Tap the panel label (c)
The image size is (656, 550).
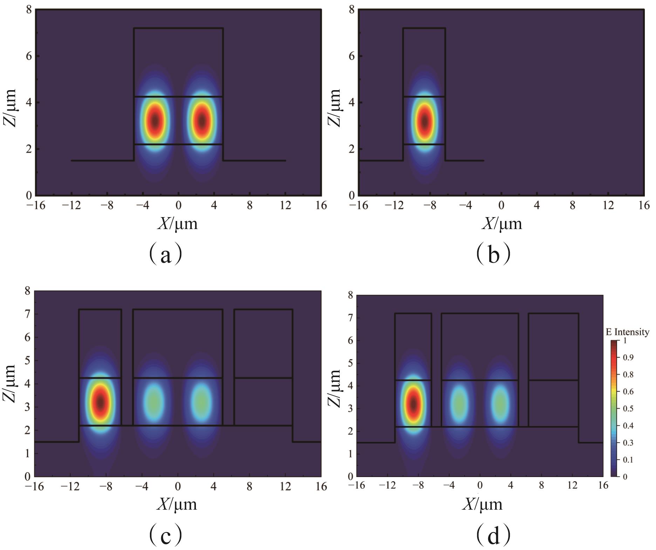[165, 535]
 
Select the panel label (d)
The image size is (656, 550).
[493, 535]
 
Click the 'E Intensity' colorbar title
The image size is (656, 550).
[627, 332]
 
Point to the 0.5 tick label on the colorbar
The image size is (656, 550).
[628, 409]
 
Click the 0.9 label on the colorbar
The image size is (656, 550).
[628, 357]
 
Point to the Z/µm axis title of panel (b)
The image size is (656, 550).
[335, 107]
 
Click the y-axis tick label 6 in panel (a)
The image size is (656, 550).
[29, 56]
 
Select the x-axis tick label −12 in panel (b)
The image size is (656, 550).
[394, 206]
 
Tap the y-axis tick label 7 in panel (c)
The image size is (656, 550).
[27, 314]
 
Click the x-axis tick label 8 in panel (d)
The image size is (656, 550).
[541, 486]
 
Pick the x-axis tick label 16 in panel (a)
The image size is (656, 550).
[321, 206]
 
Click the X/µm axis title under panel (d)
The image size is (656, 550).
[483, 504]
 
